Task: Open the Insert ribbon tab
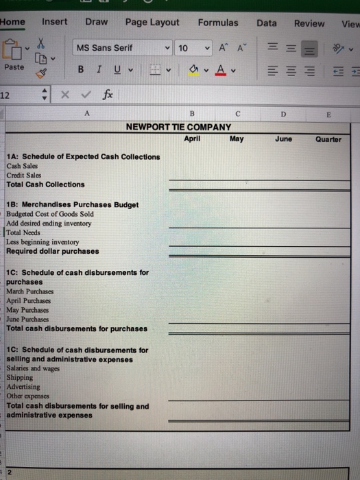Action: (55, 22)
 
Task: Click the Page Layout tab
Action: (152, 23)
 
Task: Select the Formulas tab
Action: (218, 23)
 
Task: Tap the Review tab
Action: (309, 23)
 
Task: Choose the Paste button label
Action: (14, 68)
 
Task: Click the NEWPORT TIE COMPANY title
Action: (178, 128)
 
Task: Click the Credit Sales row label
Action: (24, 176)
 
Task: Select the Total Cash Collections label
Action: (45, 184)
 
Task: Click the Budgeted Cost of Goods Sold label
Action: (50, 214)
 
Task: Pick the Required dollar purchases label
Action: (52, 251)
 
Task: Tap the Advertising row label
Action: (24, 387)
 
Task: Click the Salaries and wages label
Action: (32, 368)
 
